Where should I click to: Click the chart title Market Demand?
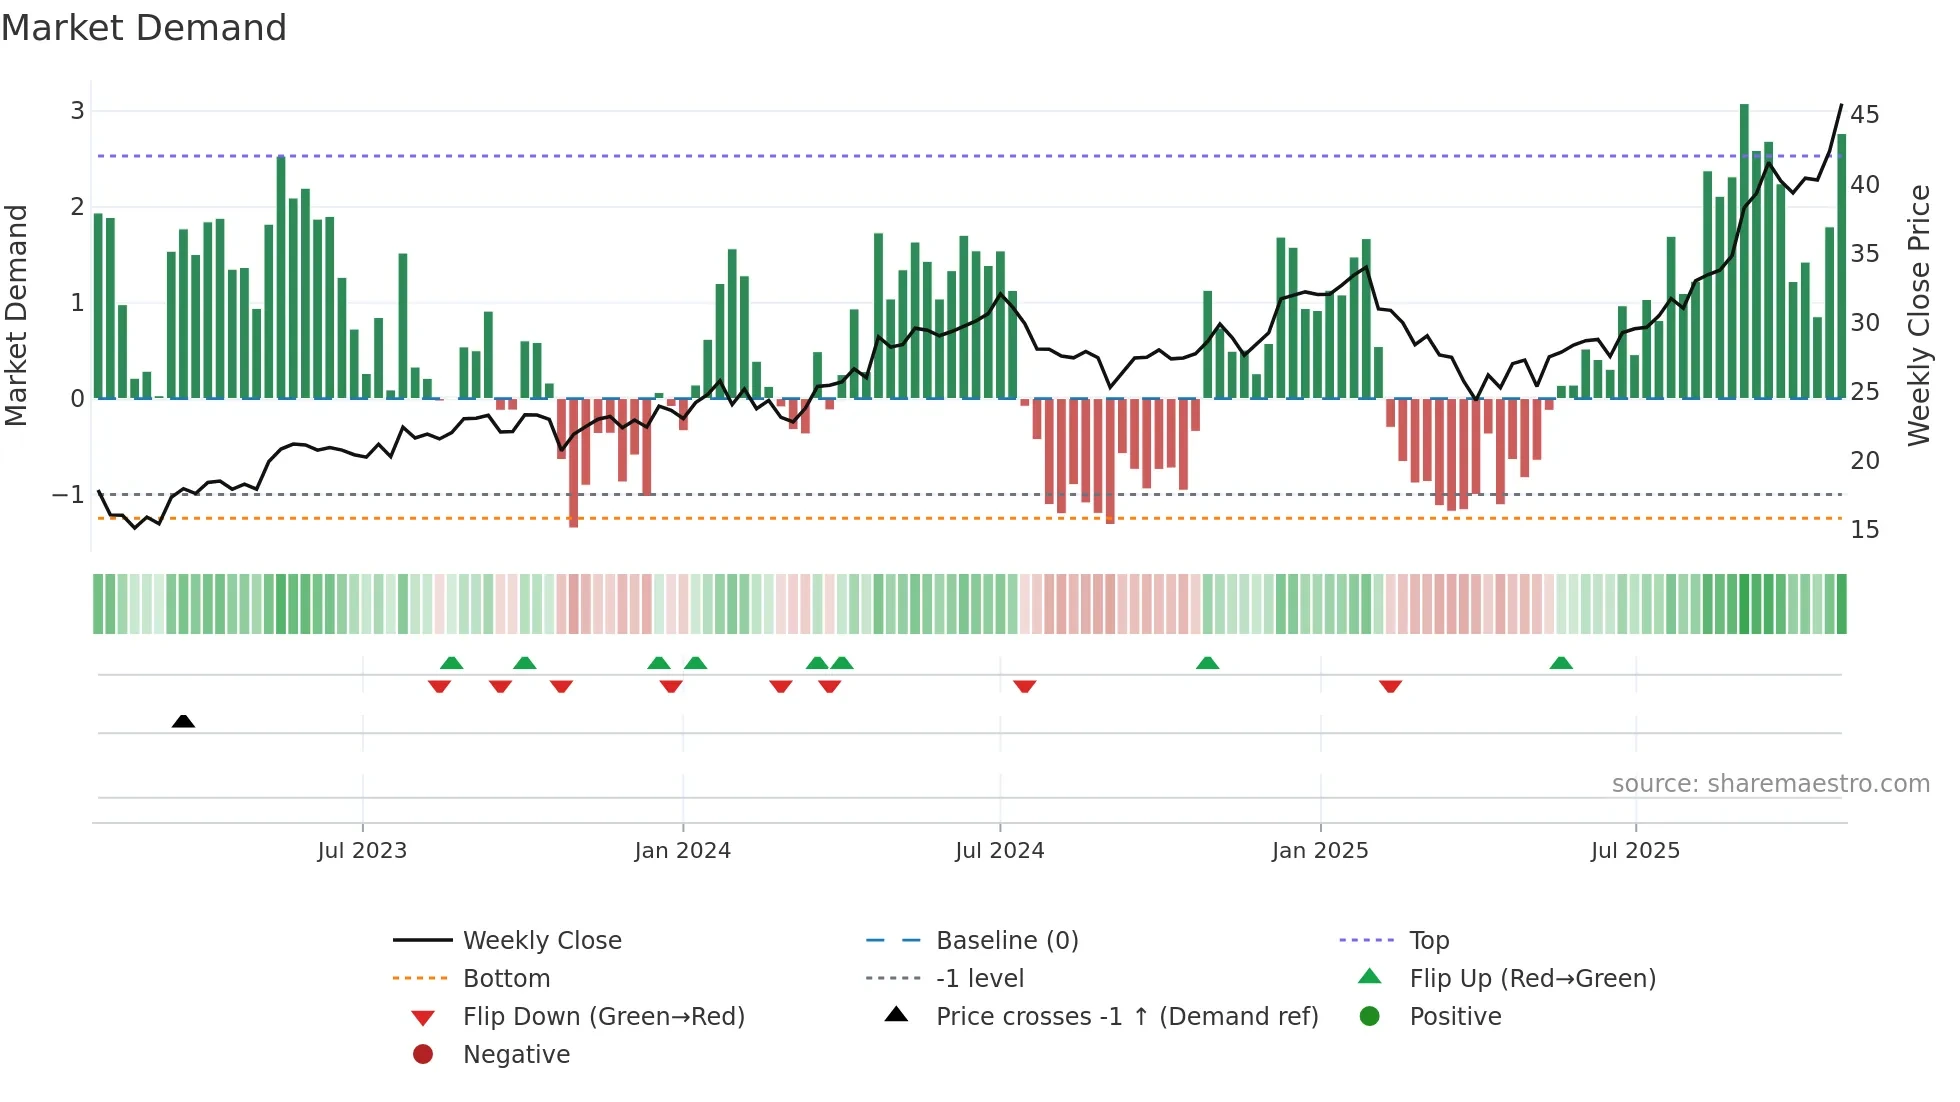pyautogui.click(x=144, y=28)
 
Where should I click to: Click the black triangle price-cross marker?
pyautogui.click(x=183, y=721)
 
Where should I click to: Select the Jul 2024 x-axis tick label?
pyautogui.click(x=999, y=851)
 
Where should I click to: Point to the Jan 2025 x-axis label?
pyautogui.click(x=1319, y=851)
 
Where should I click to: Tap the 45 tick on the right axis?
pyautogui.click(x=1864, y=115)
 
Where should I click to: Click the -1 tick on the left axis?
pyautogui.click(x=68, y=495)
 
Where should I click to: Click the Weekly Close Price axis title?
pyautogui.click(x=1918, y=315)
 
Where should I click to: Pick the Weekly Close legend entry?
pyautogui.click(x=541, y=941)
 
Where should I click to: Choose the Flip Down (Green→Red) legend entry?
pyautogui.click(x=603, y=1017)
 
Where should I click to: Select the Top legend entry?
pyautogui.click(x=1428, y=941)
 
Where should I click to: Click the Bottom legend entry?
pyautogui.click(x=506, y=979)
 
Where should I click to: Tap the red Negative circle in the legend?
pyautogui.click(x=423, y=1055)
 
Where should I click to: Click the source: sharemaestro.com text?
pyautogui.click(x=1770, y=784)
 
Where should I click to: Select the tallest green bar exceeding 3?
pyautogui.click(x=1744, y=250)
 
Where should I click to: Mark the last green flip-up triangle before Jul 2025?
pyautogui.click(x=1561, y=663)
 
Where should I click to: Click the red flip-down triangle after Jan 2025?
pyautogui.click(x=1390, y=687)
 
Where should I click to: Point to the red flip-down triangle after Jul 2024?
pyautogui.click(x=1024, y=687)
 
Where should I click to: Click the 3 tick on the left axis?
pyautogui.click(x=77, y=111)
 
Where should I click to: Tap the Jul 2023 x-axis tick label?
pyautogui.click(x=362, y=851)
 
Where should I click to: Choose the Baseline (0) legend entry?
pyautogui.click(x=1006, y=941)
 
